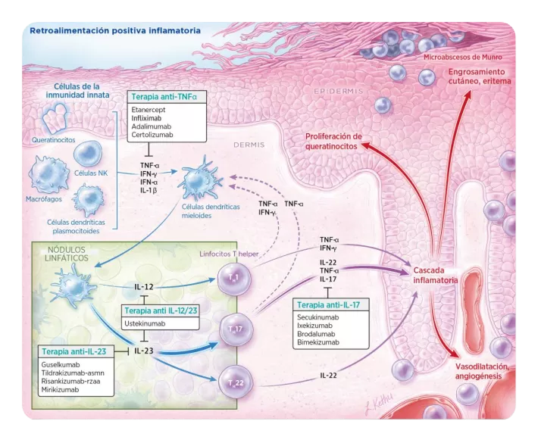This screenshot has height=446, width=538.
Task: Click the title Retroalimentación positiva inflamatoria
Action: point(114,32)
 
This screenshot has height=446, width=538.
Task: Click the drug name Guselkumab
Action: point(65,365)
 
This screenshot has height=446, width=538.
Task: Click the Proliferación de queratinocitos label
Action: point(333,142)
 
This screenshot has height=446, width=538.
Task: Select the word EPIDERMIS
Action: point(339,91)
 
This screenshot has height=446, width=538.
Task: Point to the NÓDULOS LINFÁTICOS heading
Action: point(58,253)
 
